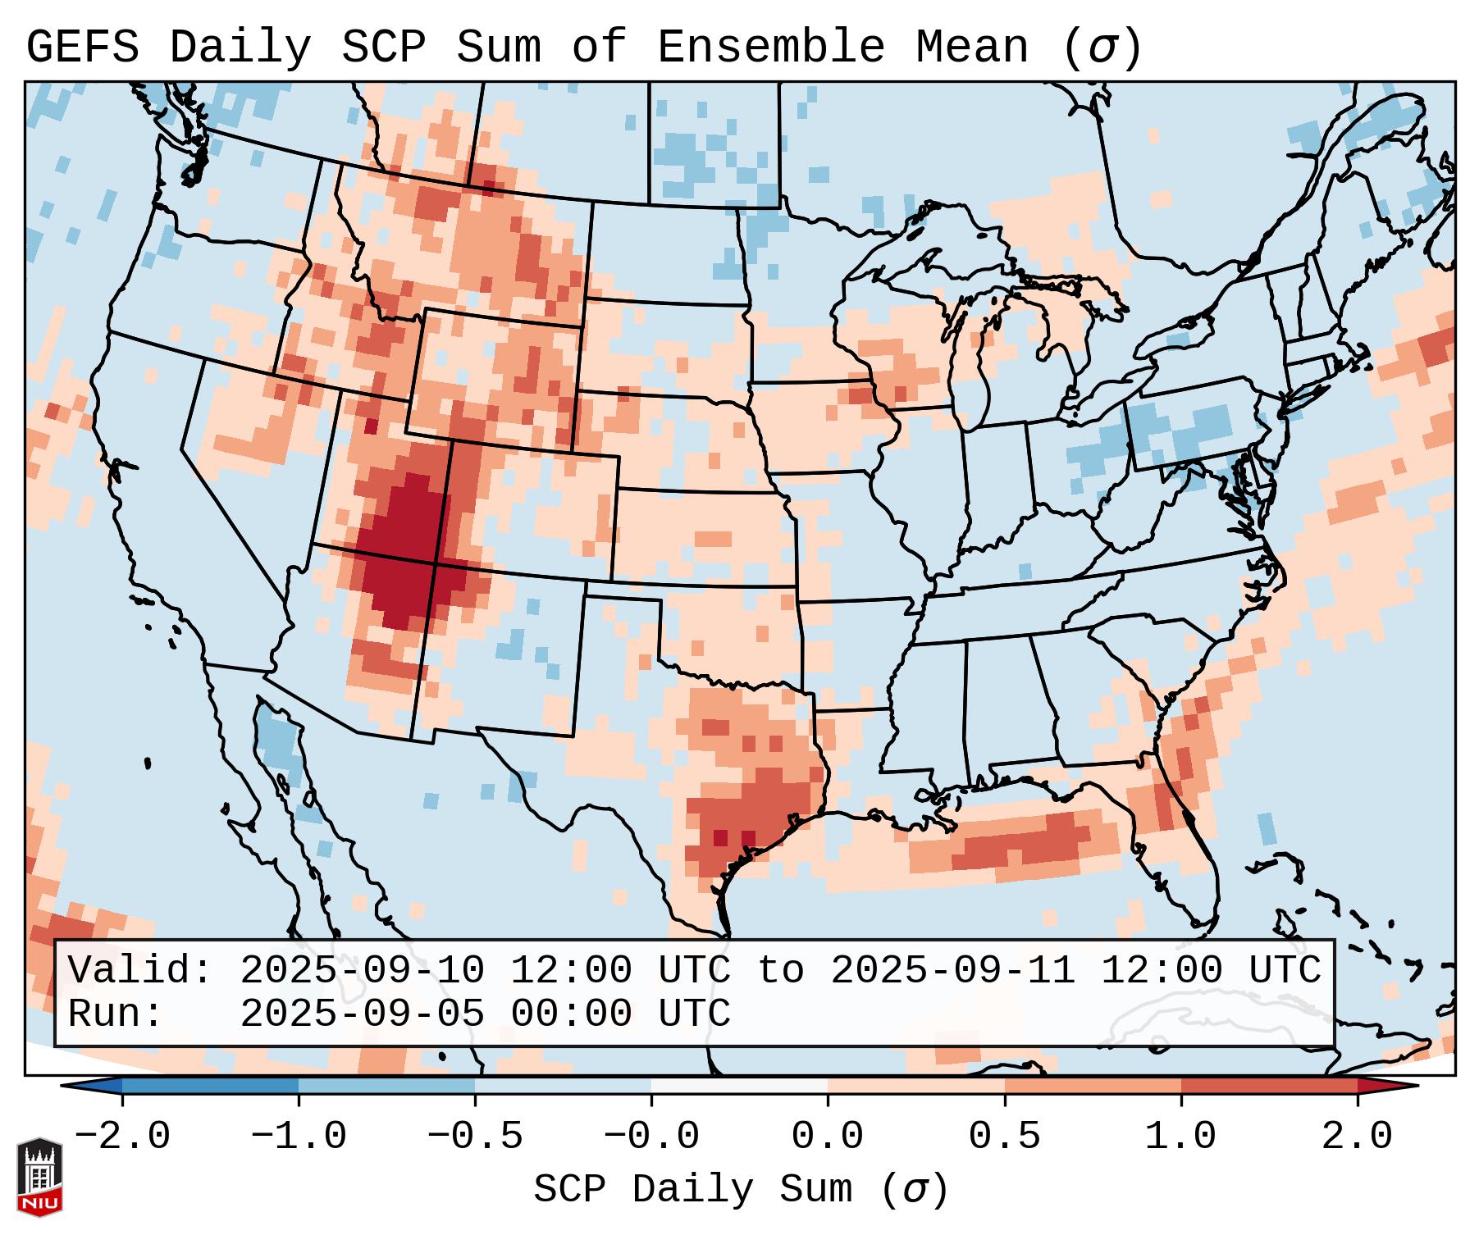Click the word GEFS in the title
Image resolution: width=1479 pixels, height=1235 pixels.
[x=82, y=47]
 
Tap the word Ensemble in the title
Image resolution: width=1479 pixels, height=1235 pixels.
[x=770, y=47]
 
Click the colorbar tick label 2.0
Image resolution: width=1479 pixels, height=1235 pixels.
[x=1357, y=1137]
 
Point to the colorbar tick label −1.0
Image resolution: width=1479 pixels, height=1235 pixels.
[x=298, y=1137]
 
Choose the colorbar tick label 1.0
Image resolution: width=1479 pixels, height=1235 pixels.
[x=1180, y=1137]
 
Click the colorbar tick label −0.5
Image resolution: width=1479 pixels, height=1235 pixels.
[x=474, y=1137]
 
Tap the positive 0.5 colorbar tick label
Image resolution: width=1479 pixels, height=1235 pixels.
[x=1004, y=1137]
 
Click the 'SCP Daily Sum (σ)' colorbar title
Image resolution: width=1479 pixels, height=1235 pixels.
[x=741, y=1189]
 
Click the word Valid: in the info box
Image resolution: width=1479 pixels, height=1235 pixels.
[x=140, y=971]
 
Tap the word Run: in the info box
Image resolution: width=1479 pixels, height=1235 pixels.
[x=116, y=1014]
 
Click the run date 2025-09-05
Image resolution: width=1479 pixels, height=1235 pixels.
[x=362, y=1014]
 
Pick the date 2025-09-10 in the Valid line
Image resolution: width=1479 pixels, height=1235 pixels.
[x=362, y=971]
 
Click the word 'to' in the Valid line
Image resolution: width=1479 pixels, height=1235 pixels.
[x=780, y=971]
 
